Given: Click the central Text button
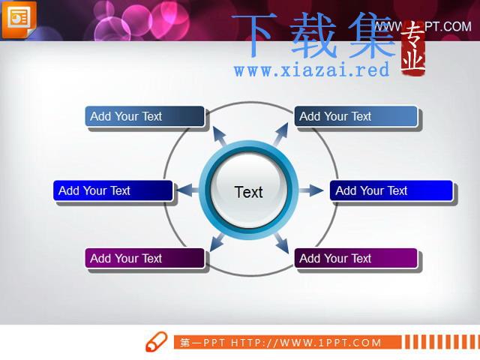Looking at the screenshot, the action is tap(249, 190).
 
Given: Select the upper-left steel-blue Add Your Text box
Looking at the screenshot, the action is tap(145, 116).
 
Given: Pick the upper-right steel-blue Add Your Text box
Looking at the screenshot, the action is tap(355, 116).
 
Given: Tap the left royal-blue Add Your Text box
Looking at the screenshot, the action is tap(113, 190).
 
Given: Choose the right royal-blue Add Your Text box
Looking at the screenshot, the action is tap(391, 190).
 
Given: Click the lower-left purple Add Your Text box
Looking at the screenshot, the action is tap(145, 258).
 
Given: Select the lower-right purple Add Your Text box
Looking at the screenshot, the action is tap(355, 258).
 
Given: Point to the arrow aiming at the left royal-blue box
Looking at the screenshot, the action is tap(187, 190).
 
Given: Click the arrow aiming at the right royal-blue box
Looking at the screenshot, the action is tap(311, 190).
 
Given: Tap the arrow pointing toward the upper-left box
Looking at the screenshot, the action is tap(220, 136).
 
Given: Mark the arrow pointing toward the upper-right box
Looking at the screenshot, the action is tap(280, 134).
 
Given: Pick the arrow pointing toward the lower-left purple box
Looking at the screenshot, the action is tap(217, 241).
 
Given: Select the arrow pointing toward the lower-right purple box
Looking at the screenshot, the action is tap(282, 242).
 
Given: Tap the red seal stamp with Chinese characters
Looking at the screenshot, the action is tap(413, 48).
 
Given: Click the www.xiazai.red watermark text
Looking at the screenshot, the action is tap(312, 70).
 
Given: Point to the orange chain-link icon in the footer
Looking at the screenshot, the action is tap(157, 341).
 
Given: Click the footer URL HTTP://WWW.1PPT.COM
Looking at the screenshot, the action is tap(306, 343).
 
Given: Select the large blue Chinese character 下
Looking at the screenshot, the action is tap(253, 34).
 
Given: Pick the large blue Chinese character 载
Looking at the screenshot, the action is tap(313, 35).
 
